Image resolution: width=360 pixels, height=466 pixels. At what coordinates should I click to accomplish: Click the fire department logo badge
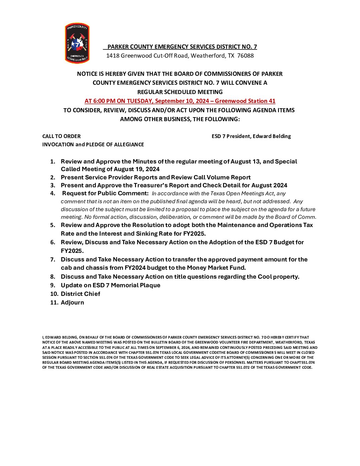point(77,43)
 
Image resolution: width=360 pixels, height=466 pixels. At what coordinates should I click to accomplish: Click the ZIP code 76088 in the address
point(245,56)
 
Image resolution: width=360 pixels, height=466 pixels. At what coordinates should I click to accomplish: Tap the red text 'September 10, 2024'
point(182,101)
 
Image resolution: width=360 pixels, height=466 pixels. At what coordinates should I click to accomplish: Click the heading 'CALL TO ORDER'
point(61,136)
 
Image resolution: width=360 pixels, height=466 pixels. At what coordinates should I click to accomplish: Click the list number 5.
point(53,225)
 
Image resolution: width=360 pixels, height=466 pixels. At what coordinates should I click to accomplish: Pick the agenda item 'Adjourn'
point(72,303)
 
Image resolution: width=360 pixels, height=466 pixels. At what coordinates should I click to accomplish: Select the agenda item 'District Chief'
point(80,294)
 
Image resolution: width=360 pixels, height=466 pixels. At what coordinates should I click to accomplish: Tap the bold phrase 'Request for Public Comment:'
point(105,193)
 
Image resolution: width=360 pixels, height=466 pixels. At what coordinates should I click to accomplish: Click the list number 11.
point(54,303)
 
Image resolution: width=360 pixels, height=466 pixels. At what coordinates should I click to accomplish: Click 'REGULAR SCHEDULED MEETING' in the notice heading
point(180,92)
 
